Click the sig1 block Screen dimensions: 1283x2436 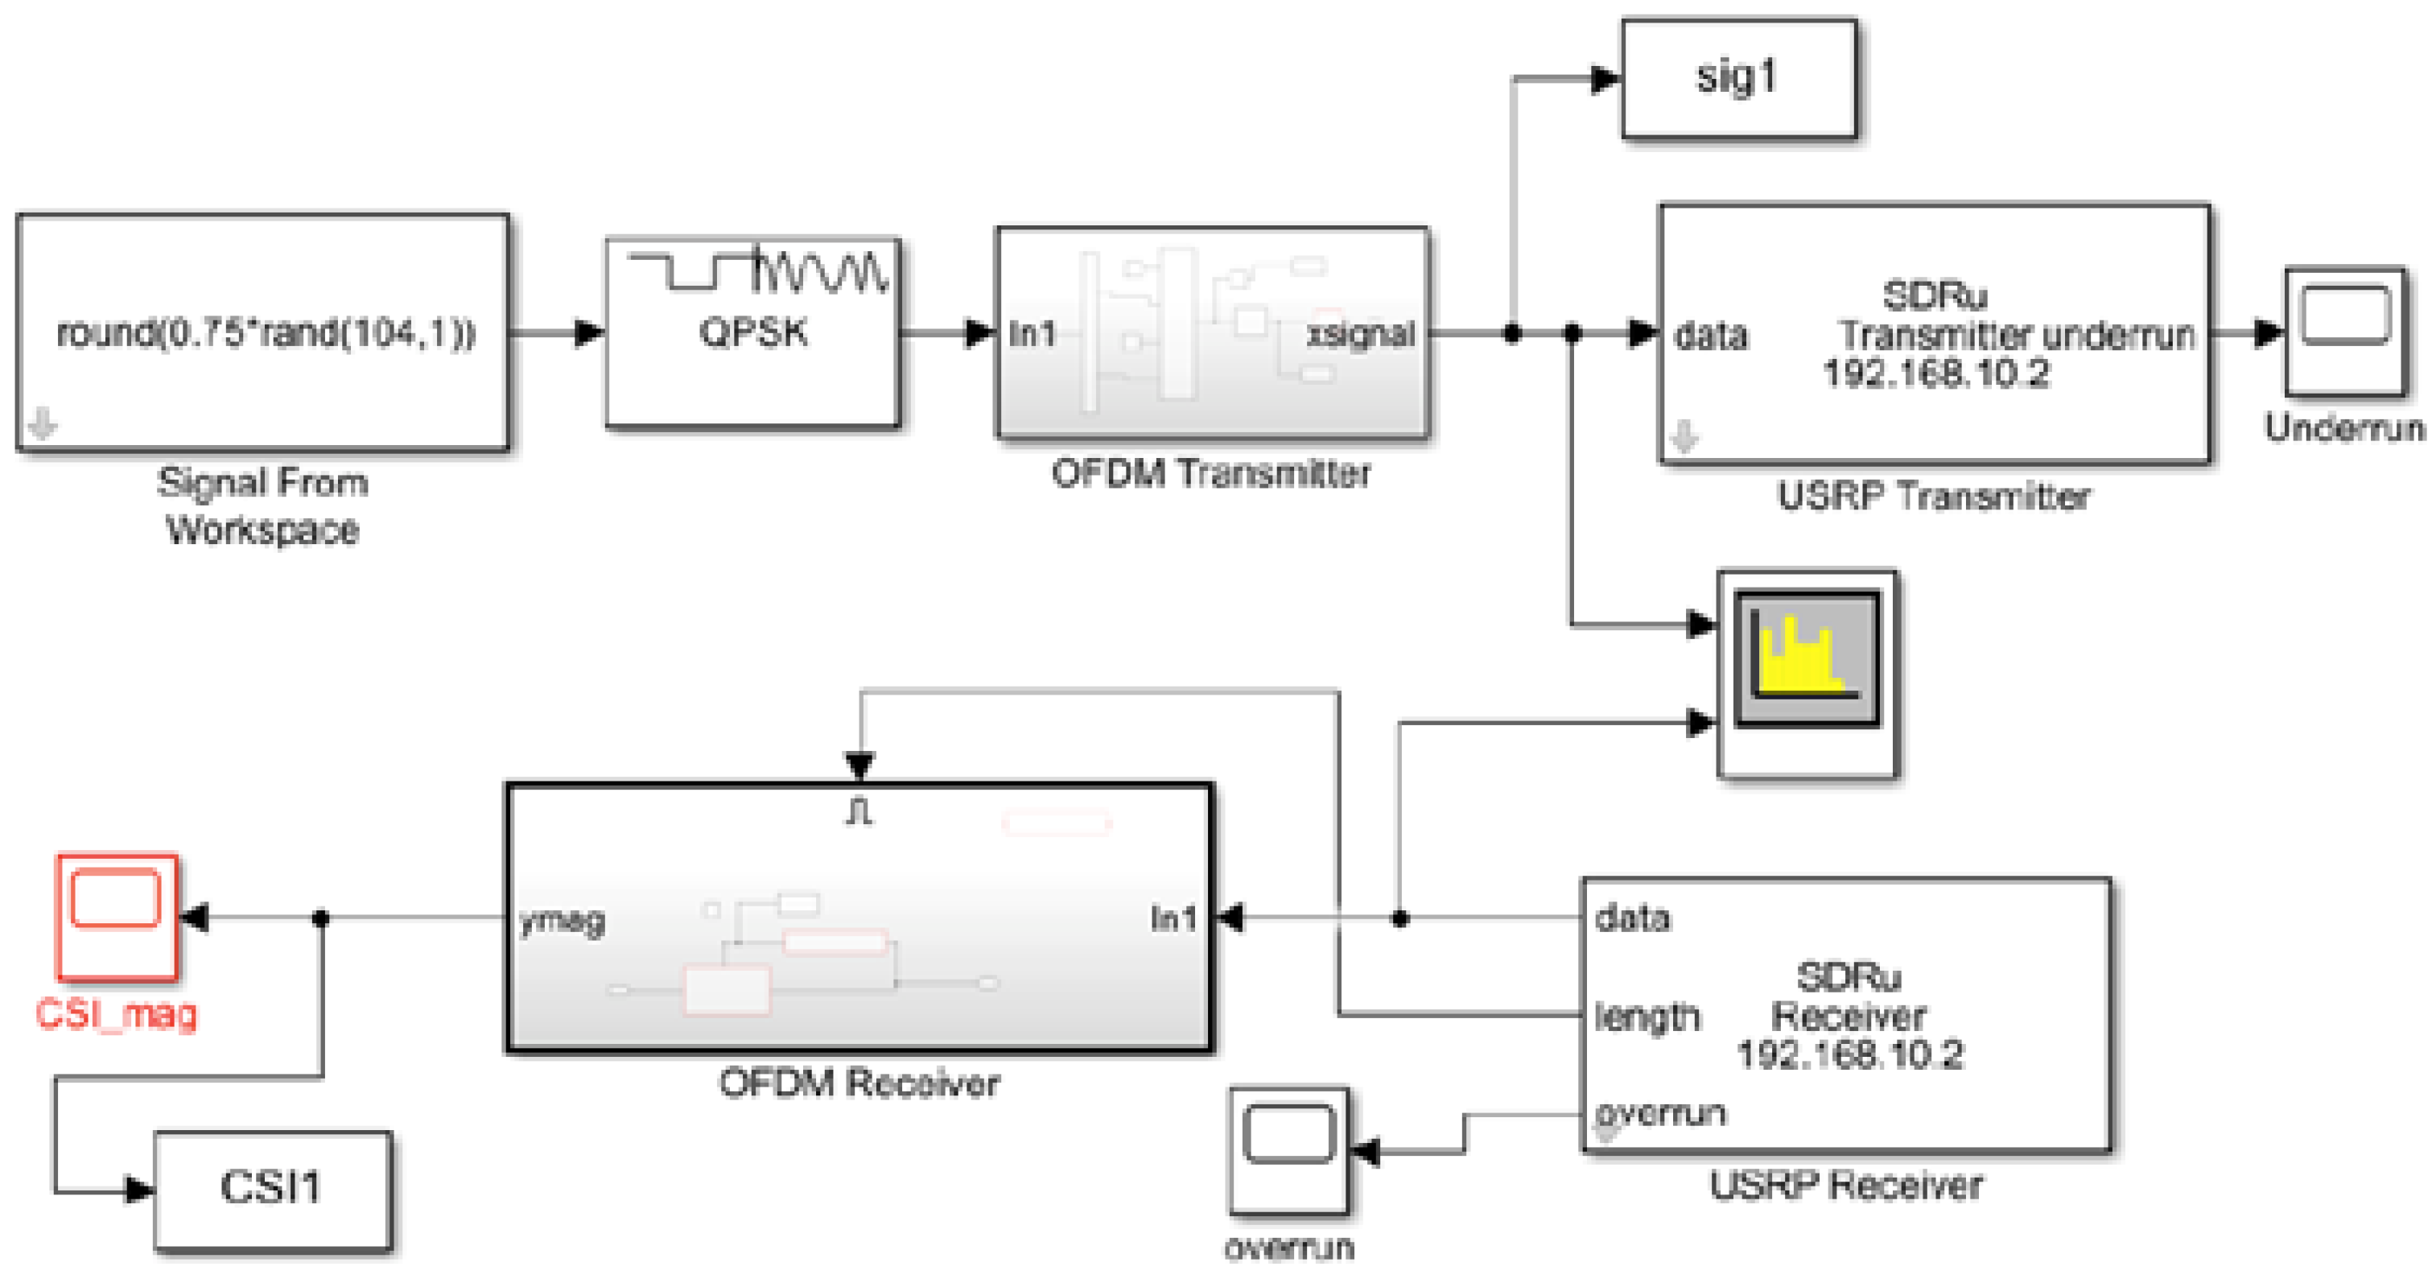coord(1738,77)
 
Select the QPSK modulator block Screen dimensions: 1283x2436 coord(752,332)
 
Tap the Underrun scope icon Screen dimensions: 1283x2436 coord(2344,331)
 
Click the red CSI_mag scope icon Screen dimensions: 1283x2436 coord(117,915)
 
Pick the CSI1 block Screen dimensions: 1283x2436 coord(272,1189)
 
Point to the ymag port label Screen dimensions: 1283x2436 coord(563,919)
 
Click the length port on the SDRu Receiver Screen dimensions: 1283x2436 coord(1647,1017)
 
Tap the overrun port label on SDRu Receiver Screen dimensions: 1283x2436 coord(1660,1113)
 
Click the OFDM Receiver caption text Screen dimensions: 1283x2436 coord(858,1083)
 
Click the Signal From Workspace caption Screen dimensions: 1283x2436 coord(262,505)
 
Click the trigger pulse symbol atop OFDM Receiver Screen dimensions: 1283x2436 coord(859,812)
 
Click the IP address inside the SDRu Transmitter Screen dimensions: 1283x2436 coord(1935,374)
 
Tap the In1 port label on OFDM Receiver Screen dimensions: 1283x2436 coord(1173,918)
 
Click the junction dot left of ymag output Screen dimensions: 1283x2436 coord(320,918)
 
